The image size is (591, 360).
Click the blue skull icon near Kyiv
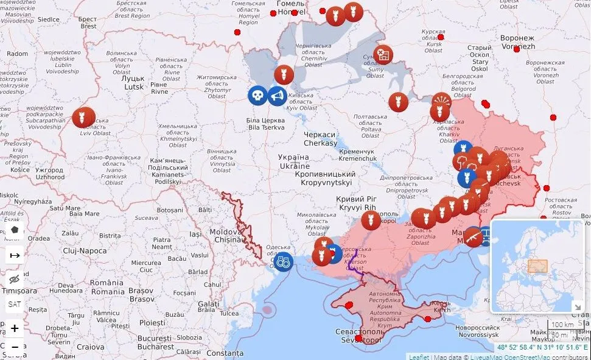point(257,96)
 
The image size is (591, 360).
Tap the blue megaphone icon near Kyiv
point(276,96)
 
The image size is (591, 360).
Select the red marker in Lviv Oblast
point(83,117)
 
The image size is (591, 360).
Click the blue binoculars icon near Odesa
point(283,261)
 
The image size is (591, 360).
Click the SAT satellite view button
point(15,304)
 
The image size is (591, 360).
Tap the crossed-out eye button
point(15,280)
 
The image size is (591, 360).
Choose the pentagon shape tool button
point(15,231)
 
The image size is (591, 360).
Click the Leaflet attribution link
point(418,356)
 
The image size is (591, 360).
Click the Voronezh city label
point(517,42)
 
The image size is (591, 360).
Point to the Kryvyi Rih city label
point(357,203)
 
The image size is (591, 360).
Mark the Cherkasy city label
point(320,139)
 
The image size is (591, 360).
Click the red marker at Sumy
point(383,55)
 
